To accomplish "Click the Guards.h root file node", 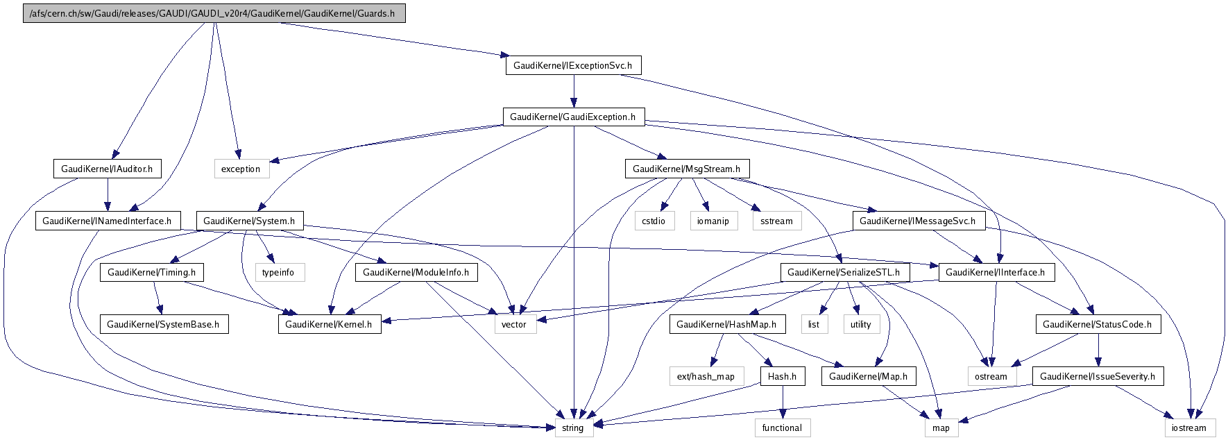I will [214, 13].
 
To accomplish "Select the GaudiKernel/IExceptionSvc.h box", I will [572, 65].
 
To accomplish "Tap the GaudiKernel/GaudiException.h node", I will [572, 117].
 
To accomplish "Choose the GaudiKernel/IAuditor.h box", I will [107, 169].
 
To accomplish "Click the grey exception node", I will [241, 169].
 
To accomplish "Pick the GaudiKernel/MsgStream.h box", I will [686, 169].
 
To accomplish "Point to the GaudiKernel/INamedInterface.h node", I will [107, 221].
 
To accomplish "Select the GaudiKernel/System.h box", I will [249, 221].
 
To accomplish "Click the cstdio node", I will [654, 221].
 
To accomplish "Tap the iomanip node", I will [713, 221].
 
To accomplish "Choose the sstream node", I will [776, 221].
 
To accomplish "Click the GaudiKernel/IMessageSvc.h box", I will [917, 221].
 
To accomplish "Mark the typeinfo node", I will [278, 272].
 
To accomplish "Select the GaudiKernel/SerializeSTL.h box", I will [844, 272].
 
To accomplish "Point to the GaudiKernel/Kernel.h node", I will [329, 324].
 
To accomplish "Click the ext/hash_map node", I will [706, 376].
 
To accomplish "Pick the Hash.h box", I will [783, 376].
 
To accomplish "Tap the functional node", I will [782, 428].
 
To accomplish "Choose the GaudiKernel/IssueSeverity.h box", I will [1098, 376].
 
